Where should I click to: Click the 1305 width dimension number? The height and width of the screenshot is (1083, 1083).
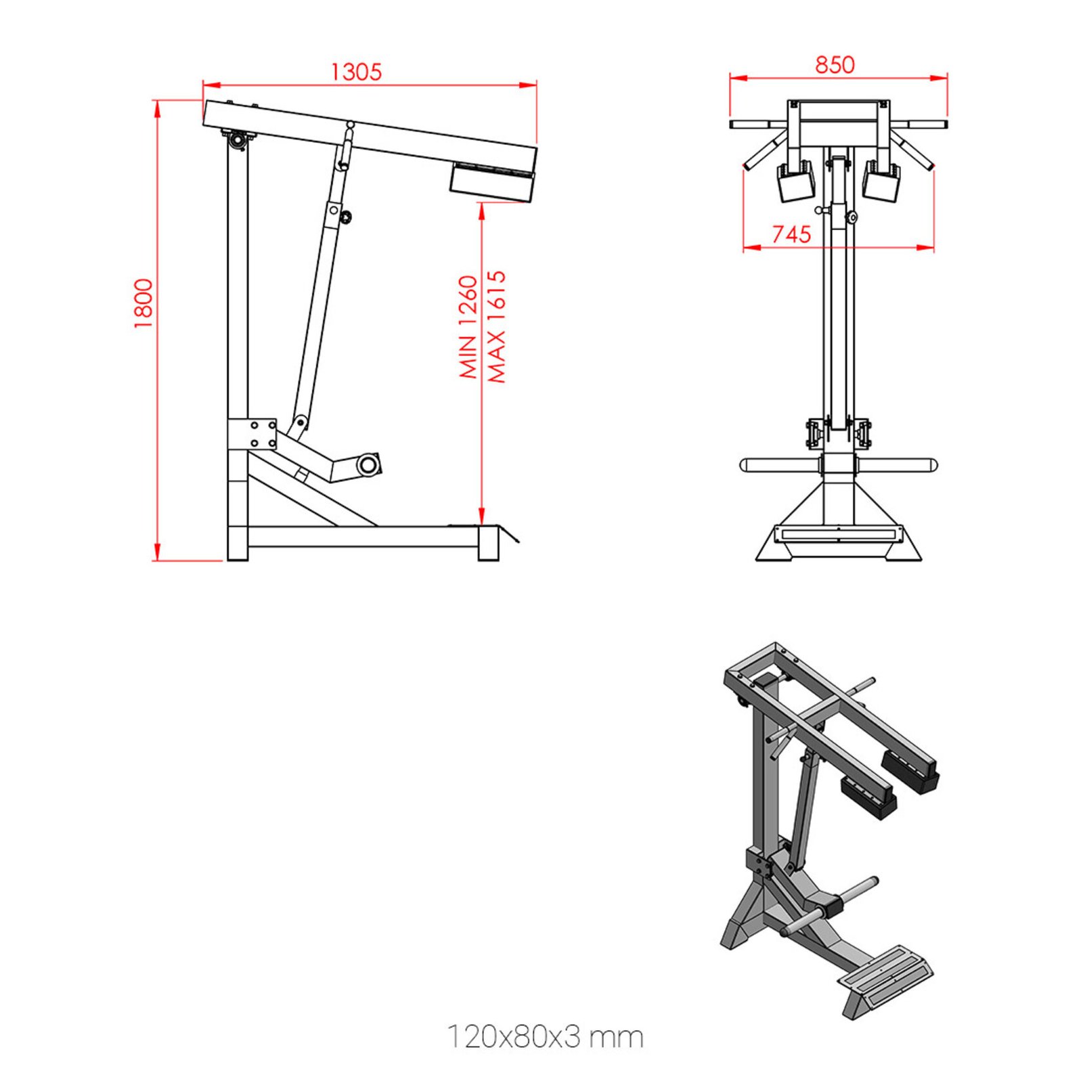pos(356,72)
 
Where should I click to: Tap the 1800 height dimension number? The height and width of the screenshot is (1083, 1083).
pos(143,303)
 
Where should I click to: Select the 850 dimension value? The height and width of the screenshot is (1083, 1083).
pos(835,65)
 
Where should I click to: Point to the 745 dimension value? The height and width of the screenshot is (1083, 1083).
pos(791,234)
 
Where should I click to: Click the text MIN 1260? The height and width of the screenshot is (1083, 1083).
pos(468,326)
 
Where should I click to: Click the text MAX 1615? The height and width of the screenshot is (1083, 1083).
pos(497,326)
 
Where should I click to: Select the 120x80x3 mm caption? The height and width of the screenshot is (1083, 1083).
pos(545,1037)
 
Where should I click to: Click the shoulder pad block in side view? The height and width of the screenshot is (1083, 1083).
pos(491,184)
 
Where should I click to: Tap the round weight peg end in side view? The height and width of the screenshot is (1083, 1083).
pos(369,464)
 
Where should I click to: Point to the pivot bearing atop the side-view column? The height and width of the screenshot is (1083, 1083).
pos(238,140)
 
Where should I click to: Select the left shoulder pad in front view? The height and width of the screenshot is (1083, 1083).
pos(796,183)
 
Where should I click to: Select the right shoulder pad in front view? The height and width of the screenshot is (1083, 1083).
pos(881,182)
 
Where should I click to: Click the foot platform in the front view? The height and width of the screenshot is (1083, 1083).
pos(838,534)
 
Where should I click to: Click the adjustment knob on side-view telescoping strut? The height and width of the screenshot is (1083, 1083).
pos(347,217)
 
